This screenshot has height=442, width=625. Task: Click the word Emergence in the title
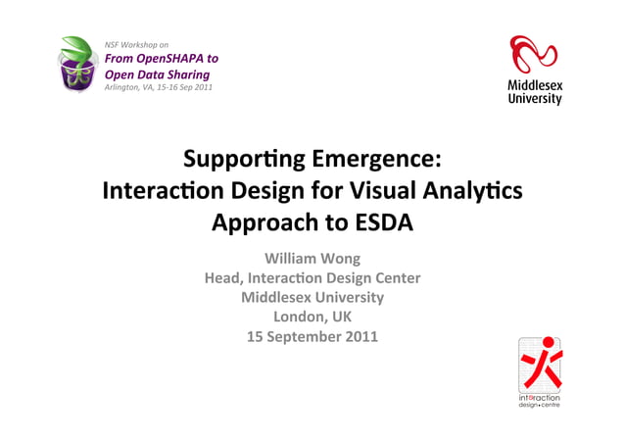(x=379, y=159)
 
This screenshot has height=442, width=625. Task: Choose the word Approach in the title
(x=263, y=222)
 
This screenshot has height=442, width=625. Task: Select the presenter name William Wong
(x=312, y=259)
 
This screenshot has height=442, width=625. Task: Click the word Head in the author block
(x=224, y=278)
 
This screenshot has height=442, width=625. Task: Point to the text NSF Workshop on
(x=136, y=45)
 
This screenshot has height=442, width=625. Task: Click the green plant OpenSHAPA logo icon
(x=76, y=64)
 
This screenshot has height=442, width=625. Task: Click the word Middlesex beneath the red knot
(x=535, y=86)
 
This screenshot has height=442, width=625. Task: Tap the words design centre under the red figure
(x=540, y=405)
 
